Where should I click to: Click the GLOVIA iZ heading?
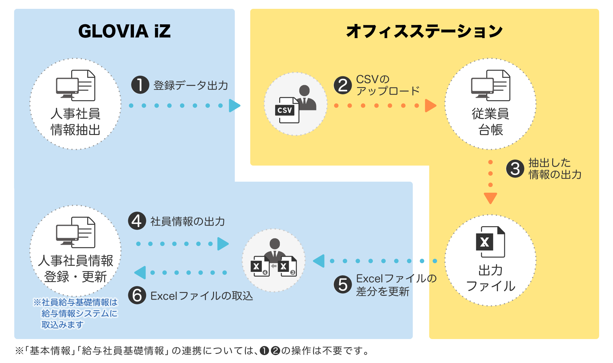pyautogui.click(x=124, y=31)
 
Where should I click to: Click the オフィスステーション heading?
pyautogui.click(x=424, y=31)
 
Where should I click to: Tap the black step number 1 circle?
pyautogui.click(x=140, y=85)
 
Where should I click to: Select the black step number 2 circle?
pyautogui.click(x=343, y=85)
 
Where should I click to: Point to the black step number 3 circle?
pyautogui.click(x=515, y=169)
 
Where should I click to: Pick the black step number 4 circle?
pyautogui.click(x=137, y=221)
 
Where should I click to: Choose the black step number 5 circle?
pyautogui.click(x=343, y=284)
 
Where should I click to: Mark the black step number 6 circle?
pyautogui.click(x=137, y=295)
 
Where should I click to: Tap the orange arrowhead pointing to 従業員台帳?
pyautogui.click(x=431, y=106)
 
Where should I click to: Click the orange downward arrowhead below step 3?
pyautogui.click(x=490, y=198)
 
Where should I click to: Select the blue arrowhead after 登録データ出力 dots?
pyautogui.click(x=234, y=106)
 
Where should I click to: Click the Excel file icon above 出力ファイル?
pyautogui.click(x=490, y=242)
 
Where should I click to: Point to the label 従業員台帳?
pyautogui.click(x=490, y=122)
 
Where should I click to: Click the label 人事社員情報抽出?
pyautogui.click(x=76, y=122)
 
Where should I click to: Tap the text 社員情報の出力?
pyautogui.click(x=188, y=221)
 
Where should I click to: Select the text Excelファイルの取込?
pyautogui.click(x=202, y=296)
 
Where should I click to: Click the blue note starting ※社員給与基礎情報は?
pyautogui.click(x=75, y=313)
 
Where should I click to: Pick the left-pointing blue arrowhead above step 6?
pyautogui.click(x=140, y=272)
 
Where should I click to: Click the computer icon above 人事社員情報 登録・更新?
pyautogui.click(x=76, y=232)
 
